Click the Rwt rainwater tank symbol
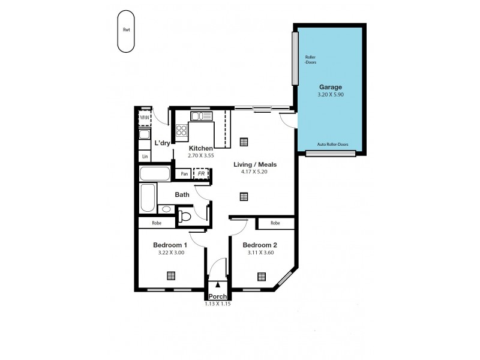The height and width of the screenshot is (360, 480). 126,31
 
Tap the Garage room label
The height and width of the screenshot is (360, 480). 331,87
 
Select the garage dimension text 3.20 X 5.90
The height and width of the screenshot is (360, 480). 331,95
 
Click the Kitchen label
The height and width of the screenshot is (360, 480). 201,148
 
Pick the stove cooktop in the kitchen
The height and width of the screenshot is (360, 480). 182,130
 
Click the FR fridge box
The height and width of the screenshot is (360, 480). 200,174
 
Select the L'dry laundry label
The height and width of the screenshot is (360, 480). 163,143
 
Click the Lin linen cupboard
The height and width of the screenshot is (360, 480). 145,156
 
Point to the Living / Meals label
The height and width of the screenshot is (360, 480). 255,164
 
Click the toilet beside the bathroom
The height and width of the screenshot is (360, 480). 185,215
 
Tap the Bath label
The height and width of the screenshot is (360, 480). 182,194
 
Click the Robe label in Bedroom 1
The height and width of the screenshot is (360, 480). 157,223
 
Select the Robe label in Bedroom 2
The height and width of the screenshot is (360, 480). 275,223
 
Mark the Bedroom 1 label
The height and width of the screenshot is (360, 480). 170,245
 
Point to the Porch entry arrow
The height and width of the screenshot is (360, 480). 217,285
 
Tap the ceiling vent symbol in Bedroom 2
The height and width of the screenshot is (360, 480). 262,276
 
